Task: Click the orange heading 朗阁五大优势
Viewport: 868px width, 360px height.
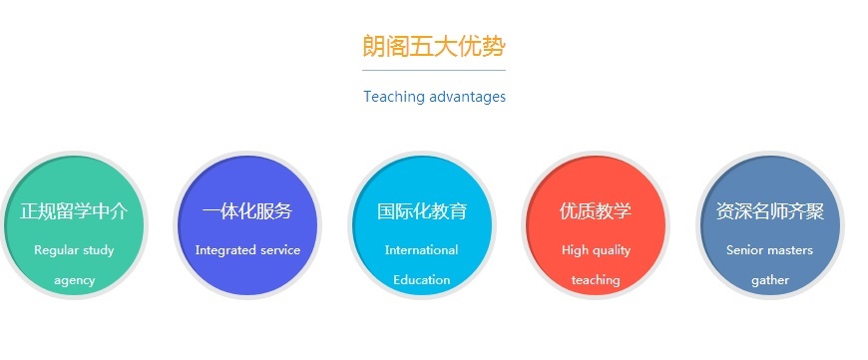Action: tap(434, 46)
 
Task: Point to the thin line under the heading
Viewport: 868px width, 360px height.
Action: tap(434, 71)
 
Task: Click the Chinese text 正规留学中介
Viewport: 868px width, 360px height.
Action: tap(74, 211)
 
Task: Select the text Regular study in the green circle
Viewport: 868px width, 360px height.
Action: tap(74, 250)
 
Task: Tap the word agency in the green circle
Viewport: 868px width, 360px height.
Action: tap(74, 280)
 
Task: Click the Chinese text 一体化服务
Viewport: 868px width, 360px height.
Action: tap(247, 211)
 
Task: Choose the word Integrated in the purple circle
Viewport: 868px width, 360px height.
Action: tap(225, 250)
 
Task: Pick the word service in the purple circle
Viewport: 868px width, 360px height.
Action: tap(280, 250)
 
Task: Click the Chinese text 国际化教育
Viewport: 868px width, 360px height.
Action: tap(421, 211)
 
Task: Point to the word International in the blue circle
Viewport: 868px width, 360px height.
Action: tap(421, 250)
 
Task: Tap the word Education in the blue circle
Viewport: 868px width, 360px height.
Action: tap(421, 280)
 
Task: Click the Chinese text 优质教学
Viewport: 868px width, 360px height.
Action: tap(596, 211)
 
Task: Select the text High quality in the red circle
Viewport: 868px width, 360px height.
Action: tap(596, 250)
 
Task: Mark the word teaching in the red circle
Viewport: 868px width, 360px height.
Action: tap(596, 280)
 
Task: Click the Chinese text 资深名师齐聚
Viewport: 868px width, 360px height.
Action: tap(769, 211)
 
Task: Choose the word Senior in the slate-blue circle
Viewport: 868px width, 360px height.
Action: tap(745, 250)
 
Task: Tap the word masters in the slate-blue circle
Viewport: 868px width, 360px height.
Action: tap(791, 250)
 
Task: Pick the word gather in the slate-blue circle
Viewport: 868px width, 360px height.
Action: tap(769, 280)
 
